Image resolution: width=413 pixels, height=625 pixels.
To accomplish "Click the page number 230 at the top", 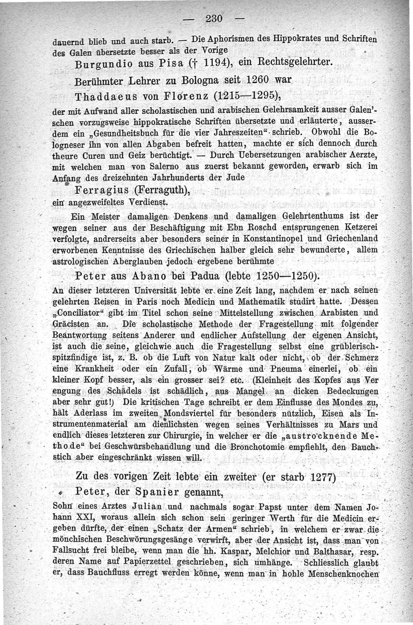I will click(213, 19).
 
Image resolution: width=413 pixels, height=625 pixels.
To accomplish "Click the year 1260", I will click(249, 81).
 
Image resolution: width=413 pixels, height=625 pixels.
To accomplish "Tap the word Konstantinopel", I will click(262, 238).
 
